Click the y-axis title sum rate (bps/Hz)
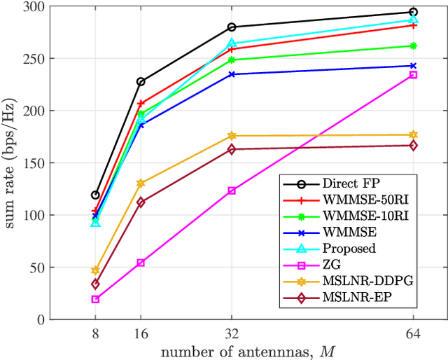click(13, 163)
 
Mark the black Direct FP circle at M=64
click(413, 12)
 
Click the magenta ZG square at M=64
click(413, 75)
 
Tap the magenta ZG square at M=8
click(95, 299)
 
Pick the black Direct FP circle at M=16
click(141, 82)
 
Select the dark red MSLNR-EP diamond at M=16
click(141, 202)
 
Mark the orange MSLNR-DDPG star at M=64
click(413, 134)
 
